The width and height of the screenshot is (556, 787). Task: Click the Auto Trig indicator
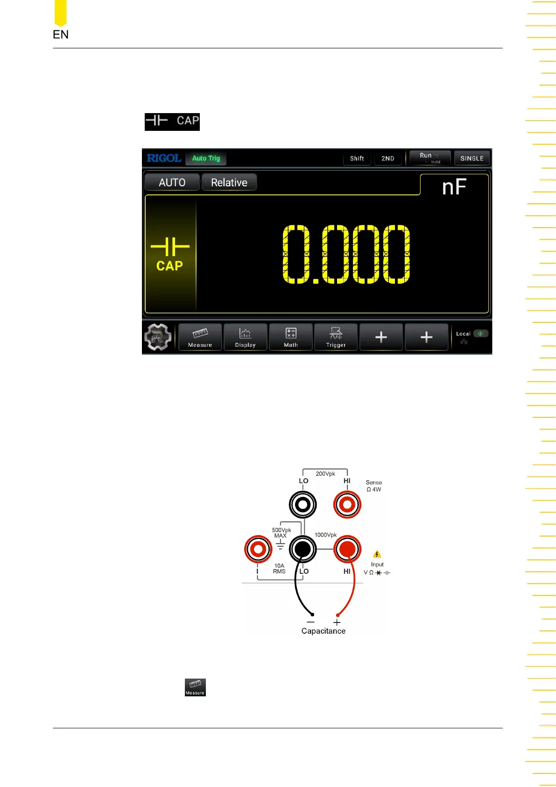pyautogui.click(x=206, y=158)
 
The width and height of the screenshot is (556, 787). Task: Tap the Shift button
pyautogui.click(x=357, y=158)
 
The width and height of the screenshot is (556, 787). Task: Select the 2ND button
pyautogui.click(x=387, y=158)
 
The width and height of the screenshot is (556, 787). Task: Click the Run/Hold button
pyautogui.click(x=429, y=158)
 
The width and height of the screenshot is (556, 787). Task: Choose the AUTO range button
pyautogui.click(x=172, y=183)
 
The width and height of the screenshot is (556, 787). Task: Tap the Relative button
pyautogui.click(x=229, y=183)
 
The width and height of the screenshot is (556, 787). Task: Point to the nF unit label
pyautogui.click(x=454, y=187)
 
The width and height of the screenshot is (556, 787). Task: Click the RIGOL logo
pyautogui.click(x=164, y=158)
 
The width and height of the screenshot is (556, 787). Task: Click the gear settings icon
pyautogui.click(x=158, y=337)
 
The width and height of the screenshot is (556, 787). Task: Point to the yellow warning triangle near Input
pyautogui.click(x=377, y=554)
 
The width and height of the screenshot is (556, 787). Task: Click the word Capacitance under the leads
pyautogui.click(x=323, y=631)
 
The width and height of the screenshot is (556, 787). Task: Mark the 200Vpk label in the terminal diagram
pyautogui.click(x=325, y=474)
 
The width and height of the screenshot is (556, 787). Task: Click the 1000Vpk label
pyautogui.click(x=325, y=535)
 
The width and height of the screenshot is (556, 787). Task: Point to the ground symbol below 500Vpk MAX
pyautogui.click(x=280, y=545)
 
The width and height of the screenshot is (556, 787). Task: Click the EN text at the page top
pyautogui.click(x=61, y=35)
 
